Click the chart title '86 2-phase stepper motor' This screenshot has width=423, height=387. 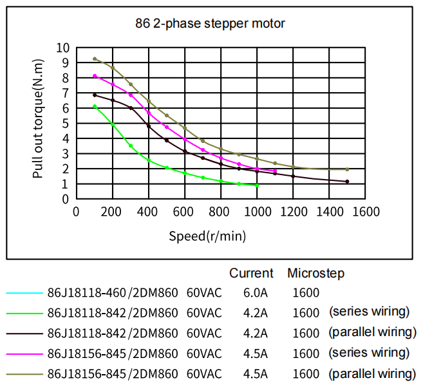210,24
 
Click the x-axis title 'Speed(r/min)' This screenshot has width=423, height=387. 207,236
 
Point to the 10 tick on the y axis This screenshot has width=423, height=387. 62,48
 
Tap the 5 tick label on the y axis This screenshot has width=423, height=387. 65,124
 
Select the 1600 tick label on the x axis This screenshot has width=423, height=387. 366,212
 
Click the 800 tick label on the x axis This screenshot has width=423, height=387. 221,212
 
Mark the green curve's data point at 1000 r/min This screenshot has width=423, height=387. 257,185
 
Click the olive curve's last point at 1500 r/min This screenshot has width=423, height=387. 347,169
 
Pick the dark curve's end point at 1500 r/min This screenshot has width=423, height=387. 347,182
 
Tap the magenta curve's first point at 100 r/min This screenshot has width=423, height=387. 95,76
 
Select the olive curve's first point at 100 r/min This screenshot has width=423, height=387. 95,59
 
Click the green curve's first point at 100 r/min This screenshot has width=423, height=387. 95,106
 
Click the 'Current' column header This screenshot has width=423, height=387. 251,273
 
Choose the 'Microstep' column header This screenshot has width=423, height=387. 315,273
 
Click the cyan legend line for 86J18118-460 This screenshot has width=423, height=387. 24,293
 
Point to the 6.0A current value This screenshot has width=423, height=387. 256,293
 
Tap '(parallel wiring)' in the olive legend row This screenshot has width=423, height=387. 372,373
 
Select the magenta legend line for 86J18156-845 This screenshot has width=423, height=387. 24,354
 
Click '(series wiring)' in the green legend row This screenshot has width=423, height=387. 369,312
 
